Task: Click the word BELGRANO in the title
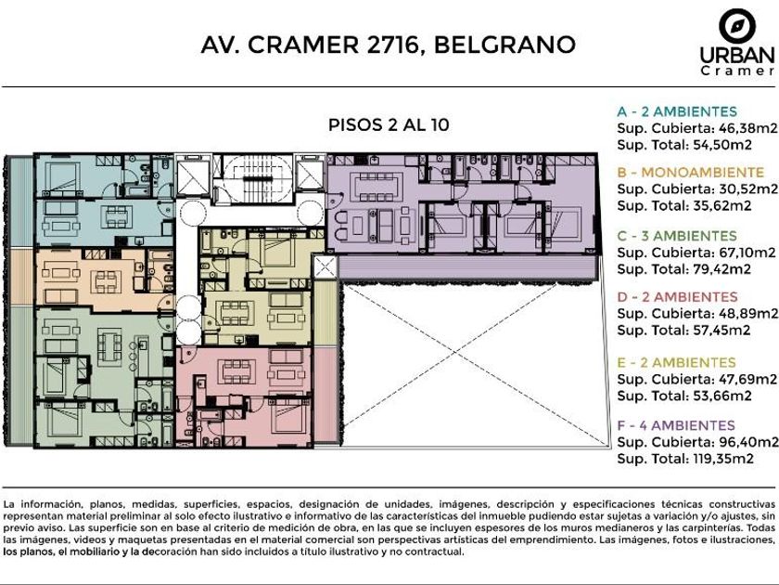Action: [504, 45]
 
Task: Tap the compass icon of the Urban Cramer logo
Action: [737, 26]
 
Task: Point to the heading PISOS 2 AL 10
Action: [389, 124]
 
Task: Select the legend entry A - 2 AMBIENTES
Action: [677, 111]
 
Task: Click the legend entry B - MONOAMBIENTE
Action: [690, 173]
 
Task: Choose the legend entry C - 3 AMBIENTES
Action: [677, 236]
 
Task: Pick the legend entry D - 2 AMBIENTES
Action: [677, 297]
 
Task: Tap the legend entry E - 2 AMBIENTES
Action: [676, 363]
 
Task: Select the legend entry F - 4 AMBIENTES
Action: [676, 426]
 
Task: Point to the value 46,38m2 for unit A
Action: [747, 128]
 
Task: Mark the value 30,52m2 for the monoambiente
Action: [748, 189]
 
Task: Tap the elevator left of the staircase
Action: [193, 175]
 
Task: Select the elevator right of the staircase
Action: [310, 173]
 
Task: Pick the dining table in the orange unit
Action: [106, 281]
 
